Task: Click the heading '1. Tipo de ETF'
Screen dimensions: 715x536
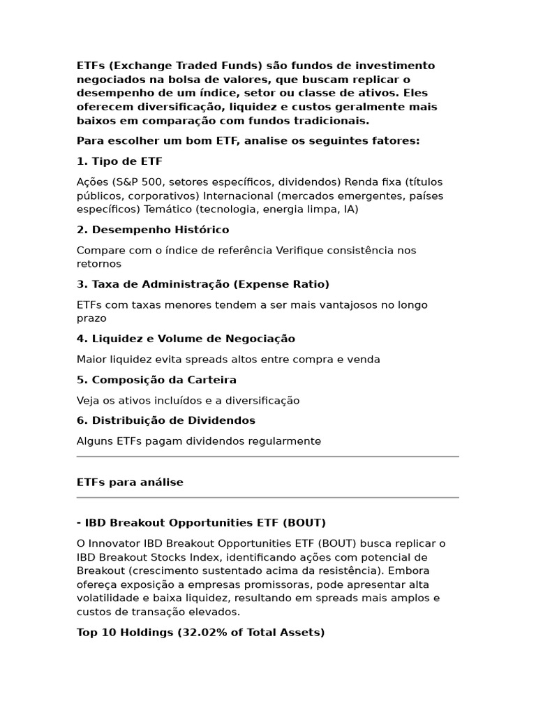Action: coord(119,161)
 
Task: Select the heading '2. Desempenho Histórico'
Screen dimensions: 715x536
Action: coord(153,230)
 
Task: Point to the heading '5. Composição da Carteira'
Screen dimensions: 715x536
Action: coord(156,380)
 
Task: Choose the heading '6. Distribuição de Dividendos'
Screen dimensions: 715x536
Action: coord(166,420)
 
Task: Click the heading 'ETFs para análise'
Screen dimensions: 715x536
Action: coord(130,482)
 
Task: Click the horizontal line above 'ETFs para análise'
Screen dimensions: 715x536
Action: coord(268,457)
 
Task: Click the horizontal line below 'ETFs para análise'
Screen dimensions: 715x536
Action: coord(268,498)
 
